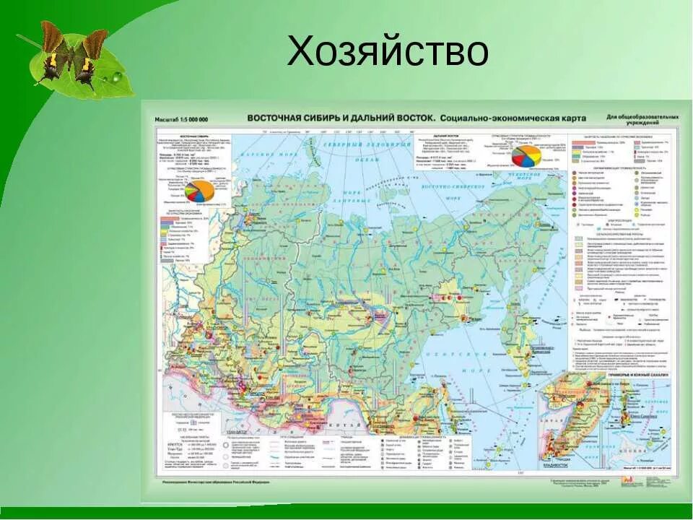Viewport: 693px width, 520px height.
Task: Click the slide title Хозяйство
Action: pos(387,52)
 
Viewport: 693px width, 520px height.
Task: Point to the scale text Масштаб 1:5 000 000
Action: pos(181,119)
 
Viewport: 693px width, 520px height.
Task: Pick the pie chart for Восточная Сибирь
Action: pos(199,191)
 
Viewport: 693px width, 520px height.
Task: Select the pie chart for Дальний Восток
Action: pos(526,155)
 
